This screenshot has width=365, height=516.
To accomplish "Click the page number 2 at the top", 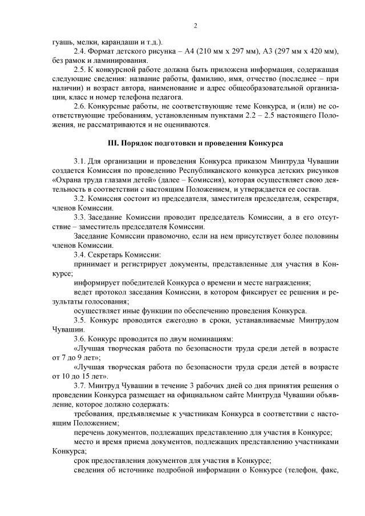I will [195, 26].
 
